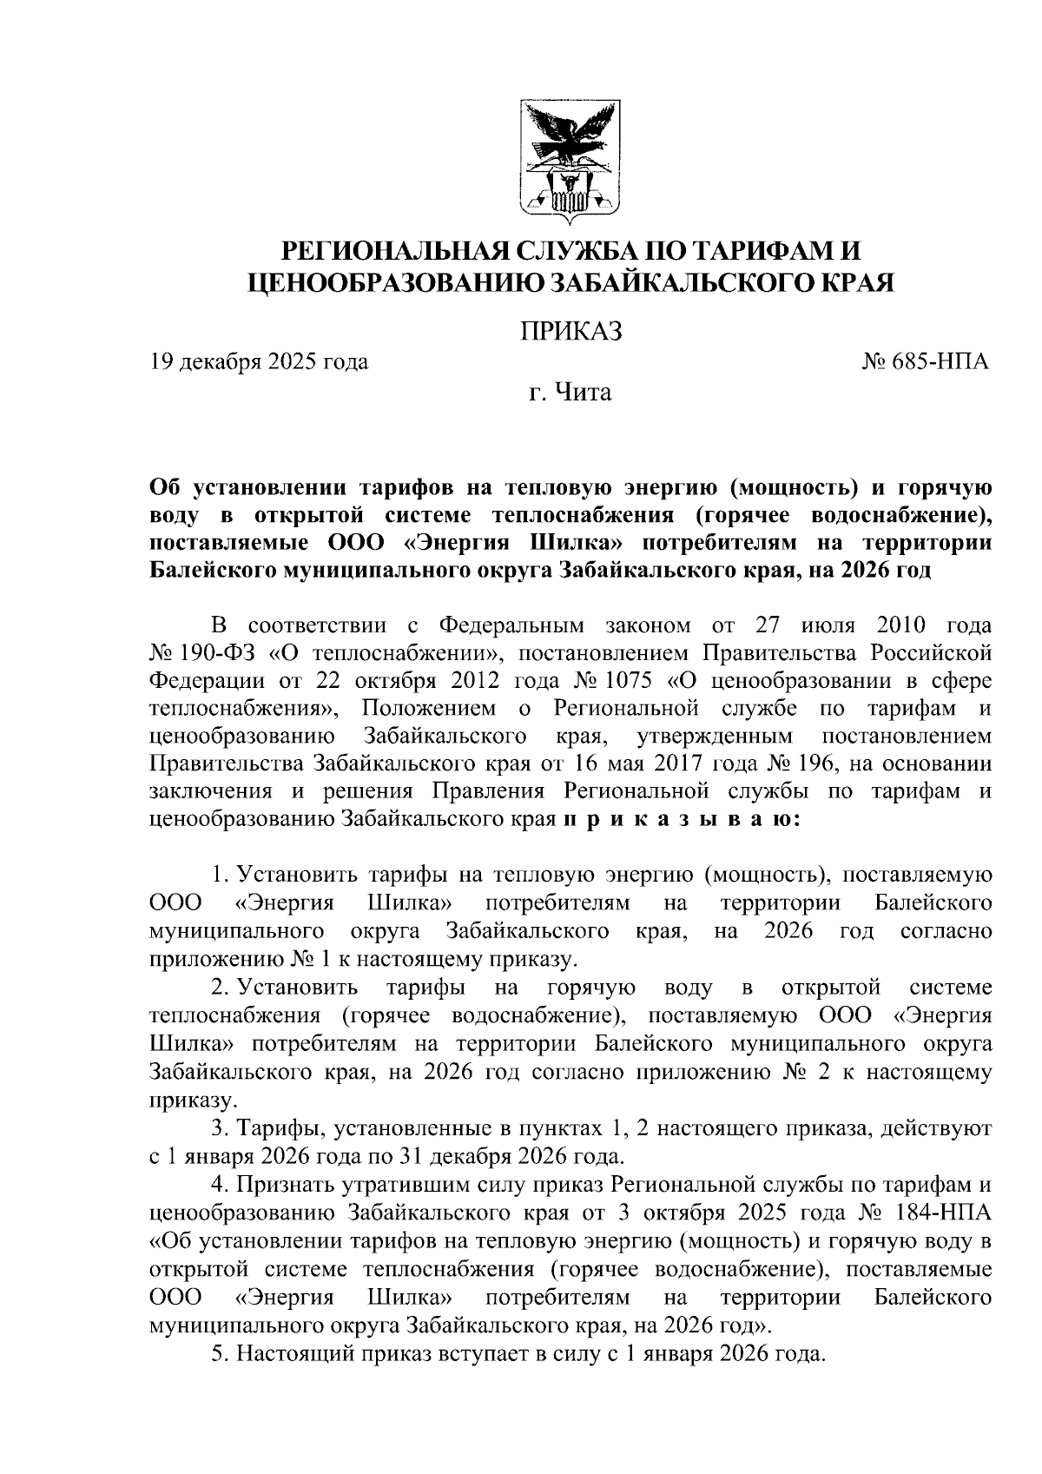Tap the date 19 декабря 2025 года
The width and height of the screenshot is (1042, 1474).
[259, 361]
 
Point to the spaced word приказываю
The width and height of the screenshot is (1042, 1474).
[683, 819]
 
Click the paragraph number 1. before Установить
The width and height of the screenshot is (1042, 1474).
[221, 876]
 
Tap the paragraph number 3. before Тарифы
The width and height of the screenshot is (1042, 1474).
[221, 1129]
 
